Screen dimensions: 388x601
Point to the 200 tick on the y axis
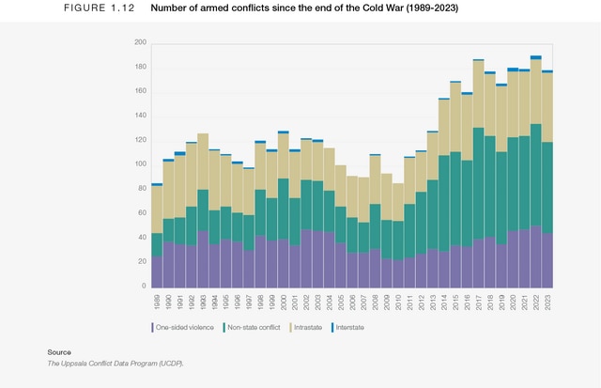140,43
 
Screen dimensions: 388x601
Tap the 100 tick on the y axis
140,164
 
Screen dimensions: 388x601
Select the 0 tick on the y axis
144,286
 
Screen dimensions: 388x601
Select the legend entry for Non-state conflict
253,327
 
